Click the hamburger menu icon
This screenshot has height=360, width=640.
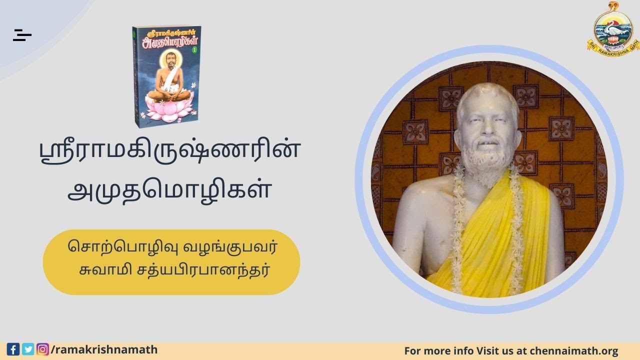[22, 35]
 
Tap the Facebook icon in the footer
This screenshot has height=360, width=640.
[13, 349]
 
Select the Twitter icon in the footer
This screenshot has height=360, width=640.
[28, 349]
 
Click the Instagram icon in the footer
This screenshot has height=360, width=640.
[43, 349]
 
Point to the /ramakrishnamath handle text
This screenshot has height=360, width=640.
[104, 349]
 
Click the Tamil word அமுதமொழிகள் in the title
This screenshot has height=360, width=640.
[169, 191]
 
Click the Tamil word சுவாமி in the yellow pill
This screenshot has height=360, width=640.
[100, 270]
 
